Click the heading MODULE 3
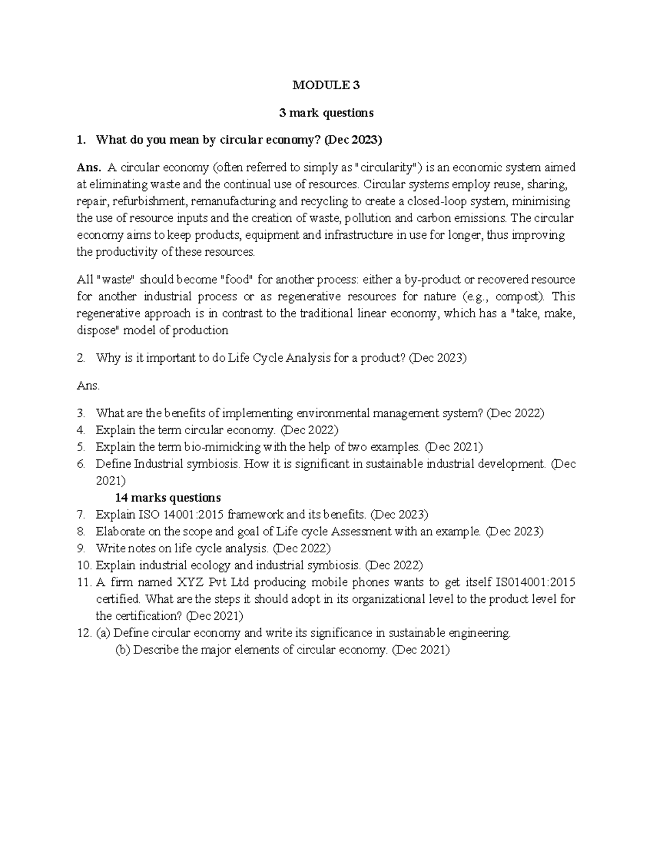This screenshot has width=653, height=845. pos(326,85)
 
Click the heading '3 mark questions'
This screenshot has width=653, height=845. pos(326,113)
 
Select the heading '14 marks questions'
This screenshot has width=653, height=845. pos(168,498)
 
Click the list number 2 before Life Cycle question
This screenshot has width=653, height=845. pos(81,358)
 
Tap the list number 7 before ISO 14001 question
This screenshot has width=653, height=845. pos(81,515)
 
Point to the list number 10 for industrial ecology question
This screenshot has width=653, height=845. pos(83,565)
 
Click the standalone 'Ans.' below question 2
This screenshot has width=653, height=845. pos(88,386)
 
